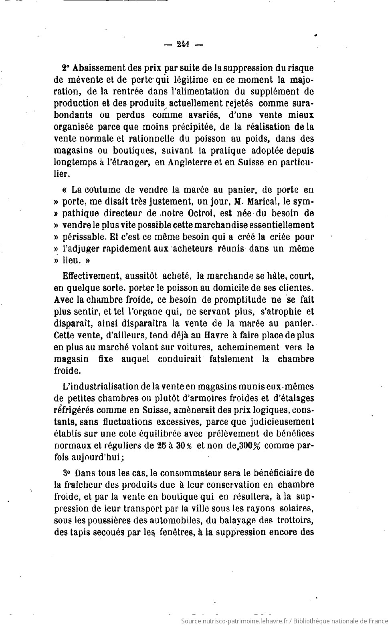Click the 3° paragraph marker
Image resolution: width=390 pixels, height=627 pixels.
pos(67,473)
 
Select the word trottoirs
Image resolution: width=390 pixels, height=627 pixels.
pos(295,520)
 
